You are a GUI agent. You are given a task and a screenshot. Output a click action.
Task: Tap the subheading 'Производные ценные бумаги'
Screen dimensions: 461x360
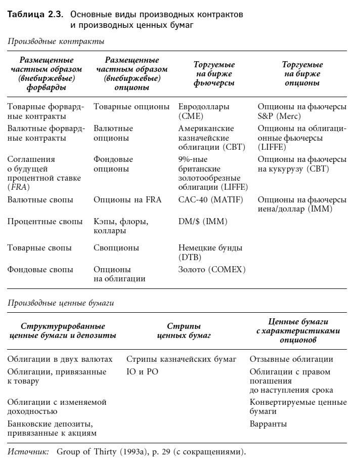[x=61, y=303]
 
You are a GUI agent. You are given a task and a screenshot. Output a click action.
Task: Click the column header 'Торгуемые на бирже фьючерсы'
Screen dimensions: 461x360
[x=214, y=74]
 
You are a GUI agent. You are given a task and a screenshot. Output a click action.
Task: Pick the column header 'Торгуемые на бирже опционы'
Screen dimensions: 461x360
[x=302, y=74]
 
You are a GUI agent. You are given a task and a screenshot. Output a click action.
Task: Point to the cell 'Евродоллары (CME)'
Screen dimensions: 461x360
[x=204, y=111]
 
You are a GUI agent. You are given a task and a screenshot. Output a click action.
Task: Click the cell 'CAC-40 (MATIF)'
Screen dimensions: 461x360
[x=210, y=199]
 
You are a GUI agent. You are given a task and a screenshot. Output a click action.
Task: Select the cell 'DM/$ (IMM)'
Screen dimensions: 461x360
[x=203, y=222]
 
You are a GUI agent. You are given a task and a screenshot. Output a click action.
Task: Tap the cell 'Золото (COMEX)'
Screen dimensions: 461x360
[x=212, y=270]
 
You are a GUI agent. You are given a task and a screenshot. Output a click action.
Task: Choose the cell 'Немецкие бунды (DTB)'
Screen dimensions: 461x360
[x=210, y=252]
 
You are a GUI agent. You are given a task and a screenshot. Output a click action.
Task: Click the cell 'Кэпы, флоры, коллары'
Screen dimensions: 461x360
[x=121, y=226]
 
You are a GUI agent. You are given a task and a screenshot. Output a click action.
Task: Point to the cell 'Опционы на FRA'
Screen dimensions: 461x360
[x=127, y=199]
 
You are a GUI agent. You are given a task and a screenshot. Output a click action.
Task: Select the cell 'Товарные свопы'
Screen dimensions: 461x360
[x=39, y=248]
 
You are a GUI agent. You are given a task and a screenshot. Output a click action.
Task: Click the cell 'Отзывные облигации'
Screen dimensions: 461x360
[x=291, y=359]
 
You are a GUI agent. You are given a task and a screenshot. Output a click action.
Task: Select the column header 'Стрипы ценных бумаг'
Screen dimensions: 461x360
[x=184, y=330]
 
